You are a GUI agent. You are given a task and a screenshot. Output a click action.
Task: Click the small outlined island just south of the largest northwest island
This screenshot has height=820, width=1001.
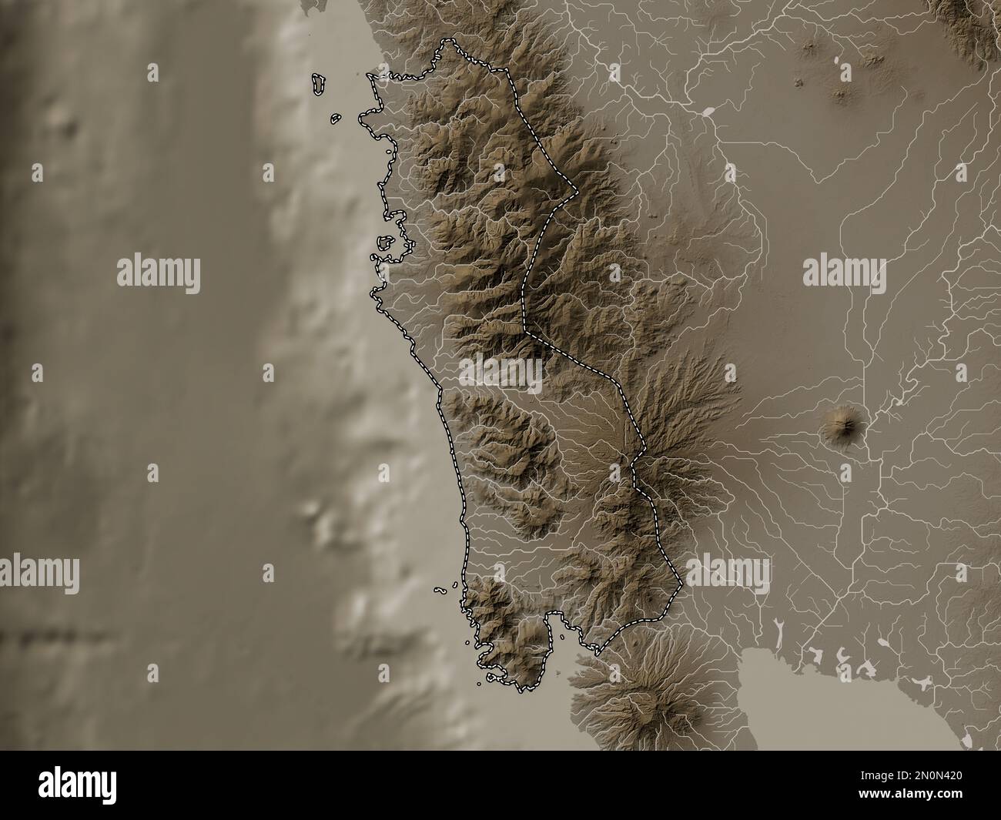coord(335,119)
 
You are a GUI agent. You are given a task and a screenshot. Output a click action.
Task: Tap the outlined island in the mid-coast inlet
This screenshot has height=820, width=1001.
coord(386,243)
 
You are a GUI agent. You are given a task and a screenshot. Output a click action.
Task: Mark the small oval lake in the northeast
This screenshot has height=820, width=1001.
coord(708,112)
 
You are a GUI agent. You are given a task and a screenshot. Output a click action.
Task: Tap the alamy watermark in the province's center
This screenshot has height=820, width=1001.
coord(500,373)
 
